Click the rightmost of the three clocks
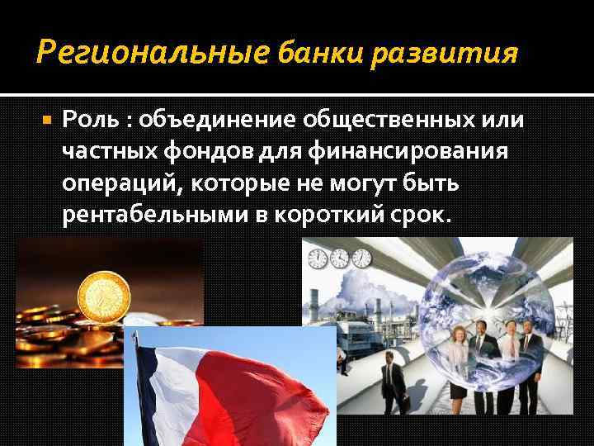pos(361,259)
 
